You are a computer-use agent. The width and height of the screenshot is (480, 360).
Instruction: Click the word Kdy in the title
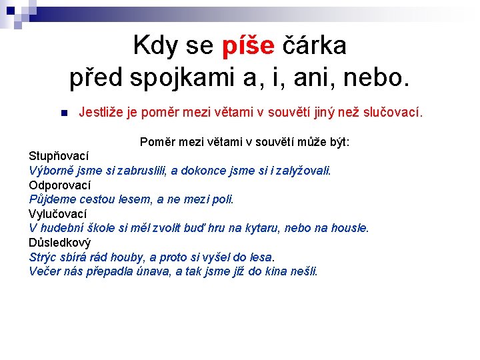click(155, 46)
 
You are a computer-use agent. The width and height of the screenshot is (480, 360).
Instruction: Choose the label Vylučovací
click(58, 214)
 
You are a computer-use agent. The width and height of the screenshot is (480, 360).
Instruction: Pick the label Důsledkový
click(60, 243)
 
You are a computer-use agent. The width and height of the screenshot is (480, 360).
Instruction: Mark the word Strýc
click(43, 257)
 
